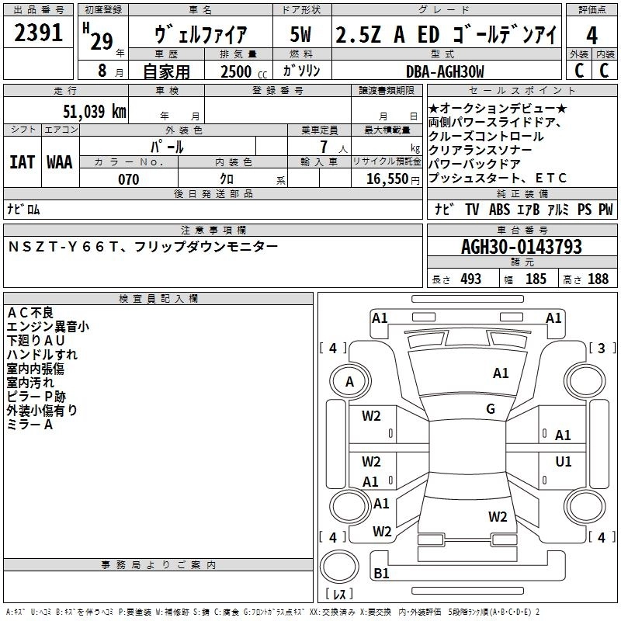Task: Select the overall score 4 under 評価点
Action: [592, 36]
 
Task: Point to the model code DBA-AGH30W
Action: [445, 71]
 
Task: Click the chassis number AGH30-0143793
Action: [522, 248]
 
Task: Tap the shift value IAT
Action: [22, 161]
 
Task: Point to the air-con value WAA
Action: [60, 161]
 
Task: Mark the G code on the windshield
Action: [490, 409]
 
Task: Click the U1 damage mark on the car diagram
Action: [564, 461]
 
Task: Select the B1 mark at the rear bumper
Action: [381, 574]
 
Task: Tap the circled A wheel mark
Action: [349, 381]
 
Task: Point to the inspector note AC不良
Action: [30, 312]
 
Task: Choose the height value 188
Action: [598, 279]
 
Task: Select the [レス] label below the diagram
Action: [338, 596]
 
